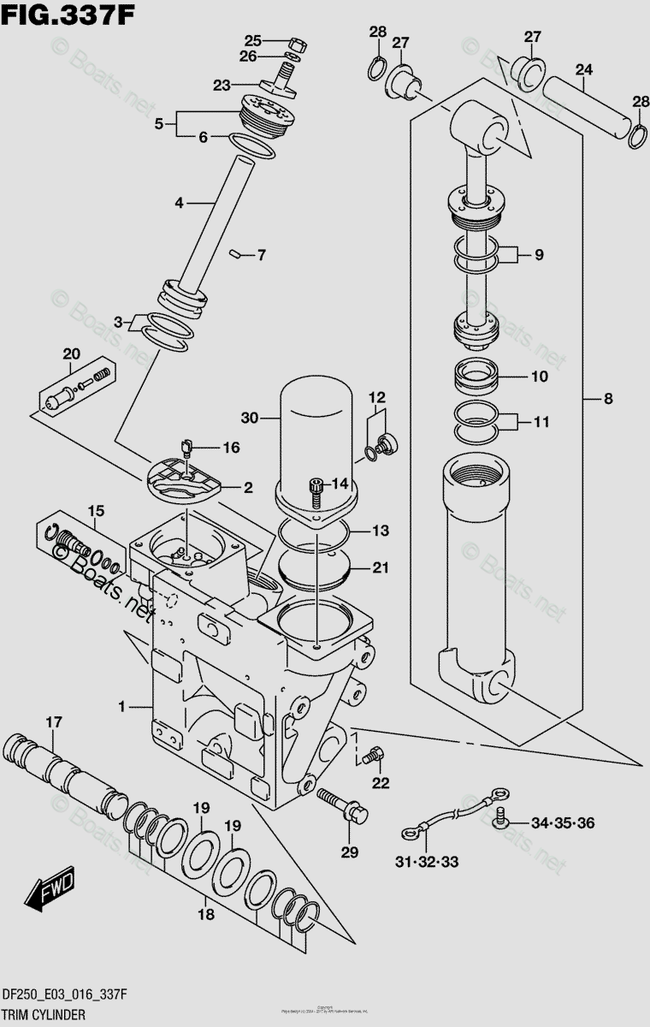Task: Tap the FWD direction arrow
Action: (50, 889)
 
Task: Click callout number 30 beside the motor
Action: (249, 419)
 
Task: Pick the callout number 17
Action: (53, 723)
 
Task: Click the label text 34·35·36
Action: (562, 823)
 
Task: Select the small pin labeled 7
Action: (237, 252)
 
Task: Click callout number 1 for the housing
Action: (122, 707)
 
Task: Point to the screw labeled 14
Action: (316, 489)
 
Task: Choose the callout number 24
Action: (584, 68)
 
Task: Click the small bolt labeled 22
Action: (370, 756)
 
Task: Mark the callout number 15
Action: (94, 512)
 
